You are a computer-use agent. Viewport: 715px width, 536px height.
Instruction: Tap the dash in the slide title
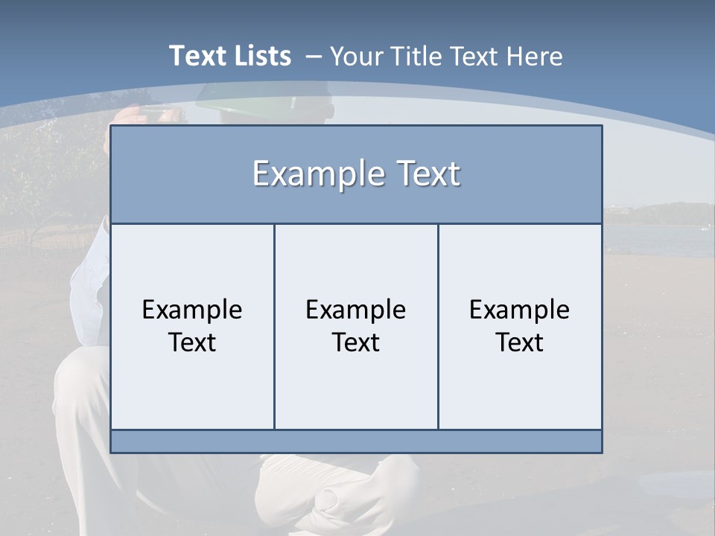click(x=313, y=57)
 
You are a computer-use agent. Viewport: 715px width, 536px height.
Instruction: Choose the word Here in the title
click(x=534, y=57)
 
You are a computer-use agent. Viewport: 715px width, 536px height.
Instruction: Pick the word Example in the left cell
click(x=192, y=310)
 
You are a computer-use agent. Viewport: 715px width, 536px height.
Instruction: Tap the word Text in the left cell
click(x=192, y=342)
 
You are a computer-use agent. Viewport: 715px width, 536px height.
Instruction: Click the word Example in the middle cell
click(x=356, y=310)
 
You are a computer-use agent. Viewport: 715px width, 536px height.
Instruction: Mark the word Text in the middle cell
click(x=356, y=342)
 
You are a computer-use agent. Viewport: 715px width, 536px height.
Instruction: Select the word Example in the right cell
click(x=520, y=310)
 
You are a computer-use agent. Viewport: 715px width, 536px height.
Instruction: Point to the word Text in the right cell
click(x=520, y=342)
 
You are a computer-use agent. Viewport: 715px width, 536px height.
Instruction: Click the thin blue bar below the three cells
click(x=356, y=441)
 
